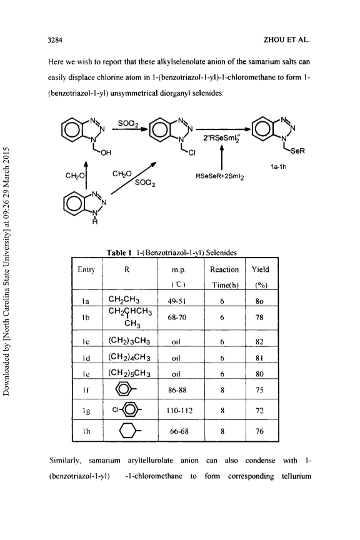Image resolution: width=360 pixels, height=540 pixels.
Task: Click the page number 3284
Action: tap(55, 39)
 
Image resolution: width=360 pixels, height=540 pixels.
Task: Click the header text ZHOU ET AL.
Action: tap(287, 39)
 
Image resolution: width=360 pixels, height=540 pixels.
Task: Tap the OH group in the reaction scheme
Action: tap(106, 152)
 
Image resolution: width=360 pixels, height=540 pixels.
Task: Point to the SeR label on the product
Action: tap(298, 151)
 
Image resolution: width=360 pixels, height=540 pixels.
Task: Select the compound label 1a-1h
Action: tap(279, 167)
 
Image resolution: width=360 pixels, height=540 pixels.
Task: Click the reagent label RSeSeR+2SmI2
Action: tap(220, 177)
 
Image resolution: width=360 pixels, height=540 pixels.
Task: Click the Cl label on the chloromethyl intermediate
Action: tap(192, 153)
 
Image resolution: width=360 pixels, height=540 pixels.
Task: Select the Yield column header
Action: tap(260, 269)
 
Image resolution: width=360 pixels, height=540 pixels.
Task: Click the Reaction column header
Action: tap(224, 269)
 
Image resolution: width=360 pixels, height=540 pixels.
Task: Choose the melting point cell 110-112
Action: tap(180, 411)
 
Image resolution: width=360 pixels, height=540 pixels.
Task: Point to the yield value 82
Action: tap(259, 342)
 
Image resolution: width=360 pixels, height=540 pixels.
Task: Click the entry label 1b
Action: tap(86, 317)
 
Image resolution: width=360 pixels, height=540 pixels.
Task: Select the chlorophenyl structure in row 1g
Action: tap(127, 410)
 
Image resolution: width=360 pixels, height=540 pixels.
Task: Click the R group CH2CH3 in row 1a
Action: tap(124, 299)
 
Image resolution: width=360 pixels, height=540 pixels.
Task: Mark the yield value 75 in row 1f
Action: tap(259, 390)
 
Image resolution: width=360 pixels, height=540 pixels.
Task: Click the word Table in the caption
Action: tap(117, 252)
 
